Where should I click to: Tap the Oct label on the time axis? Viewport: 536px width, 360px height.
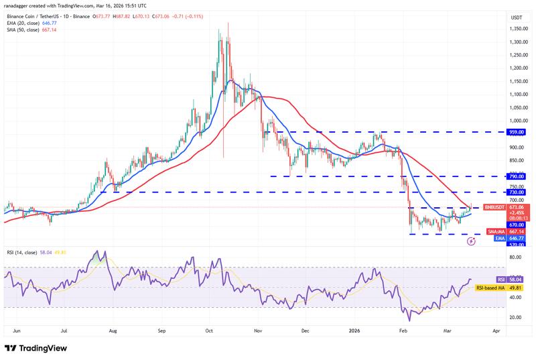[x=209, y=331]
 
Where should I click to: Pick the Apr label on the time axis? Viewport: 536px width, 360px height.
[x=496, y=331]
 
